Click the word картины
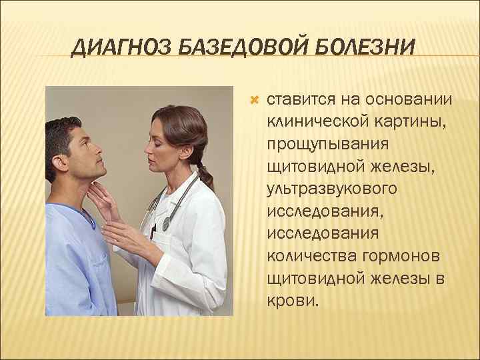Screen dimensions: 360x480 [x=405, y=122]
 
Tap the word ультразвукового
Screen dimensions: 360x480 [x=332, y=189]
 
